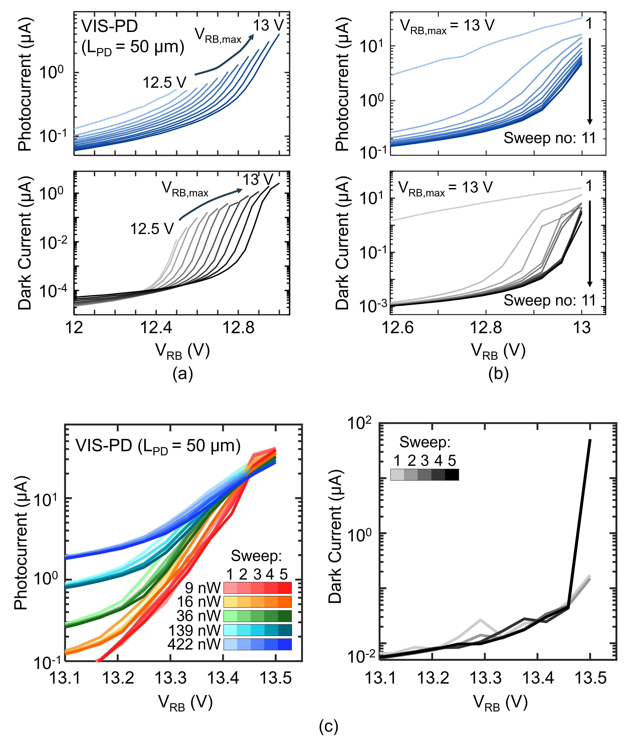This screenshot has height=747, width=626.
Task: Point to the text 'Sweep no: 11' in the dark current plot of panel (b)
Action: [x=549, y=301]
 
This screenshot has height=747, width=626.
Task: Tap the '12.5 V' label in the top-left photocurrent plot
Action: [x=164, y=83]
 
